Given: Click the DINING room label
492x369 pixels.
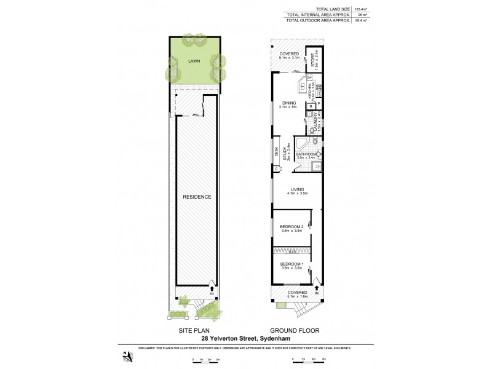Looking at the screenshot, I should click(289, 103).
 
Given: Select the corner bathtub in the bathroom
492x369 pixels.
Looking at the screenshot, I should click(302, 145).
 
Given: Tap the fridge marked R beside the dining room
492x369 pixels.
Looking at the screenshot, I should click(311, 105).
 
